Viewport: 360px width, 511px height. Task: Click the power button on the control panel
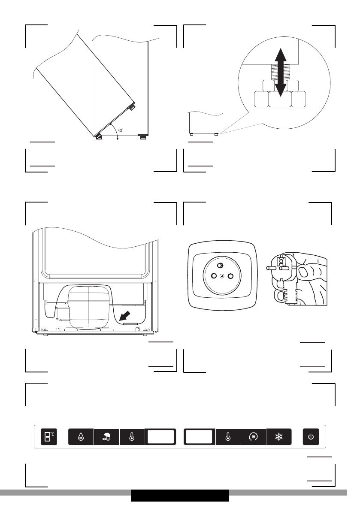click(x=311, y=437)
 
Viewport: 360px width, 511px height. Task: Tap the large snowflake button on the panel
click(x=279, y=437)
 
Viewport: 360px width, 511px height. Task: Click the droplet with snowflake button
click(x=81, y=437)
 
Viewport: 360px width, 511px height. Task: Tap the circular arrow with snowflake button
click(x=253, y=437)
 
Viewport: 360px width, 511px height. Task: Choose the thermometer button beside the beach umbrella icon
click(x=132, y=437)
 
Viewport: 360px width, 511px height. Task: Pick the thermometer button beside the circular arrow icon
click(x=228, y=437)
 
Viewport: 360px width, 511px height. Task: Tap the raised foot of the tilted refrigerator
click(x=131, y=106)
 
